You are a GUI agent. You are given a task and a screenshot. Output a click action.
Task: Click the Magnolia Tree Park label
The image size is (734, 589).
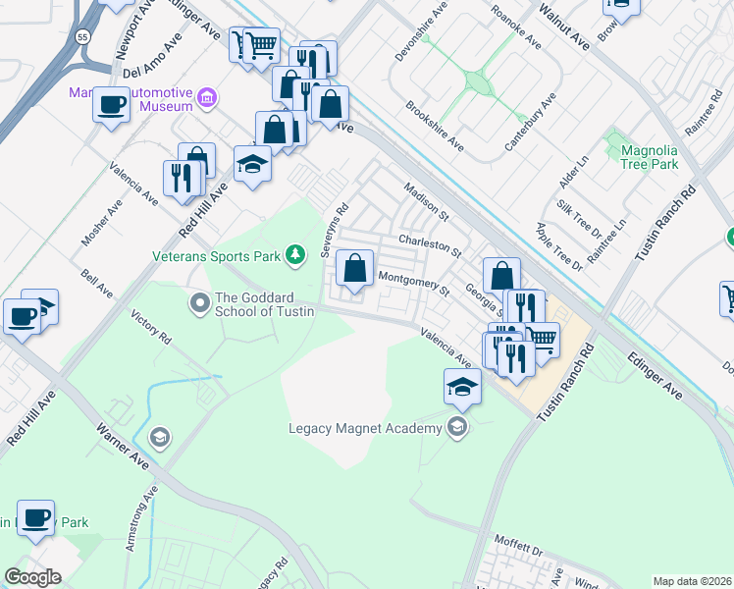coord(650,157)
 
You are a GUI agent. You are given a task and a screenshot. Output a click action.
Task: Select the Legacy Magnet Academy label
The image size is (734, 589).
coord(367,427)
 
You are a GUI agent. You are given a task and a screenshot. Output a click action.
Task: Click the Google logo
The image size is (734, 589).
coord(32,576)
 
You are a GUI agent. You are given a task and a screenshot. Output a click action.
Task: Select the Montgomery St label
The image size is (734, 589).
coord(413,285)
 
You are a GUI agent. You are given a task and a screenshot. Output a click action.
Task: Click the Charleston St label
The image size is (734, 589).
coord(430,244)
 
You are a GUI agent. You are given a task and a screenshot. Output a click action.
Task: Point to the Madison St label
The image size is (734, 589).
coord(425,201)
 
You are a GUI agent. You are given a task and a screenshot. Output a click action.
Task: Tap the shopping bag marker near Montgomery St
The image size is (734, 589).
coord(354,267)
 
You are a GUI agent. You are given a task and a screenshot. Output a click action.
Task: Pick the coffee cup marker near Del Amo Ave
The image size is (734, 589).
coord(112,104)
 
